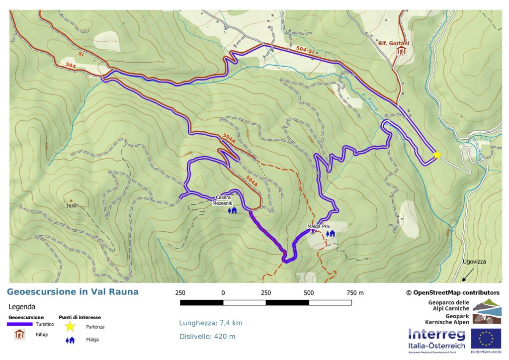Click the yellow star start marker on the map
coord(437,155)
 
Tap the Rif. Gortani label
coord(393,43)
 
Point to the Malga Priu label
coord(319,226)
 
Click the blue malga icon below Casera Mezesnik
coord(232,210)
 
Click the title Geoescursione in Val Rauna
coord(73,292)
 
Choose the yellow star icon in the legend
coord(70,327)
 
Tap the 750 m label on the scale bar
coord(354,292)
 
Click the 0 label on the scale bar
coord(223,292)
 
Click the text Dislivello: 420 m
coord(207,337)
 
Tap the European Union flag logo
coord(486,339)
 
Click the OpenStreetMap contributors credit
coord(452,292)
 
